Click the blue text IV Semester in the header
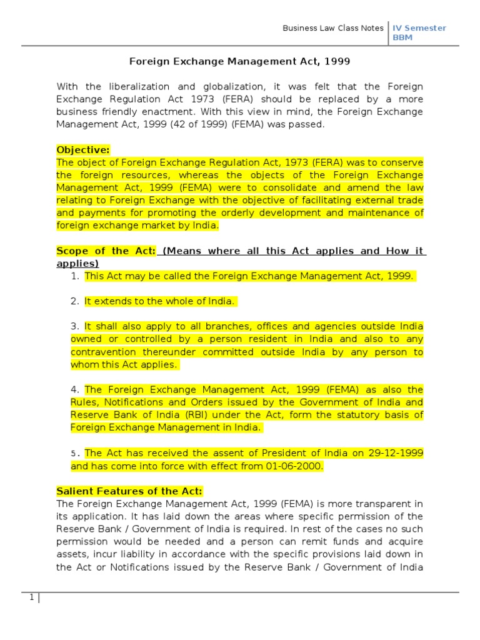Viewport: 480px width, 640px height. [x=419, y=28]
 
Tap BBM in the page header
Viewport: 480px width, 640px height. [x=402, y=37]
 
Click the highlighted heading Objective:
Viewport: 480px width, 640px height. [x=83, y=150]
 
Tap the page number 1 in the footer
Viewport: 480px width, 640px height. [x=31, y=597]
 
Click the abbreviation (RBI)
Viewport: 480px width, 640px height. [x=196, y=415]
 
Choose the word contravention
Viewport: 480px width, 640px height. [x=102, y=352]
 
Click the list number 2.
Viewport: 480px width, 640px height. [x=74, y=301]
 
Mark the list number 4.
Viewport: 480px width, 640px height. [x=74, y=389]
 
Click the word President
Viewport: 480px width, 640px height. [x=284, y=453]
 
